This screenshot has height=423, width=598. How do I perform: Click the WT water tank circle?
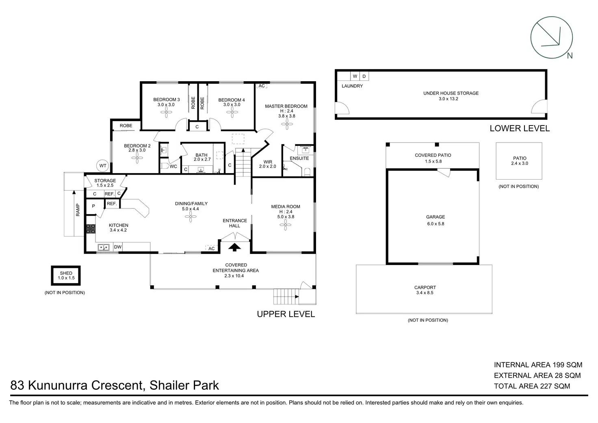point(103,165)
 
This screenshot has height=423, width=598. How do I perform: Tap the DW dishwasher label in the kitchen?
point(118,247)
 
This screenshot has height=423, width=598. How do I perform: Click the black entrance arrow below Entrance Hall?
point(234,247)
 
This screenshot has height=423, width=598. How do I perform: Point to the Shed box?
point(66,275)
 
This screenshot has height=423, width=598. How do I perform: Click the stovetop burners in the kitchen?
point(91,229)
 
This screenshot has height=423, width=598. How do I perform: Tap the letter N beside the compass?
point(570,56)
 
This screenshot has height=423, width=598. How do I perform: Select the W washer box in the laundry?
point(355,76)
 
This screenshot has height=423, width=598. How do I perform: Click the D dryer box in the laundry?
point(364,76)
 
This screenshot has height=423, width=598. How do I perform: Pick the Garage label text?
point(435,217)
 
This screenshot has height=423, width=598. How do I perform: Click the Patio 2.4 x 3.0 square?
point(519,161)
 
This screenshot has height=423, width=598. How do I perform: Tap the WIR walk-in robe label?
point(268,162)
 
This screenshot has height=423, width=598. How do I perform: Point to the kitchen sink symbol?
point(104,247)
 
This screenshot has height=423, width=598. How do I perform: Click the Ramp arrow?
point(74,213)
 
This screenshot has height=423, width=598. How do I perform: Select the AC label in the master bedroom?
point(262,86)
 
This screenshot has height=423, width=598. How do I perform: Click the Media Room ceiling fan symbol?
point(285,225)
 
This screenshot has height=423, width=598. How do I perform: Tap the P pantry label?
point(93,206)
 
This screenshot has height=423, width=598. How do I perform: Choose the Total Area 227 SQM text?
point(532,386)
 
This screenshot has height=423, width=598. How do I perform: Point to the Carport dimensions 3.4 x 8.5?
point(425,293)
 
